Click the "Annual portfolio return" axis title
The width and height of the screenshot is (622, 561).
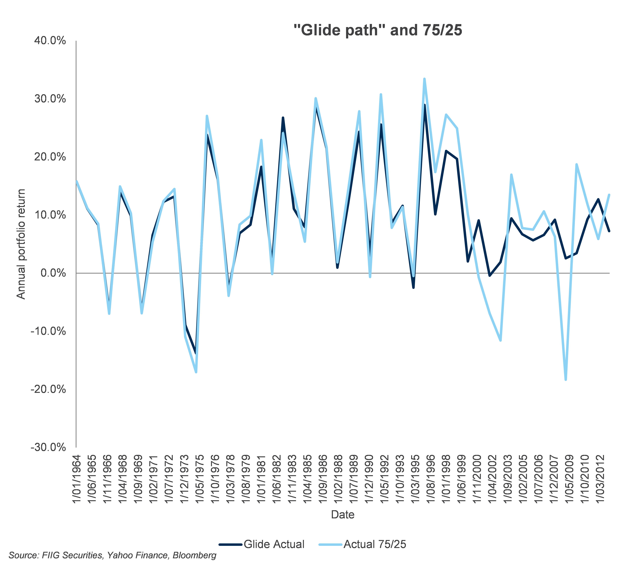click(21, 244)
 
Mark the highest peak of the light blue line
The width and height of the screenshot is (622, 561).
click(424, 79)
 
